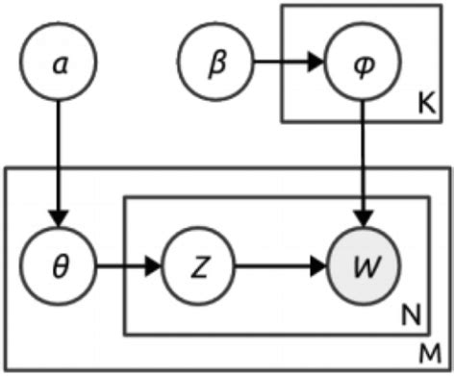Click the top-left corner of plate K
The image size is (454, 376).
click(282, 6)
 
